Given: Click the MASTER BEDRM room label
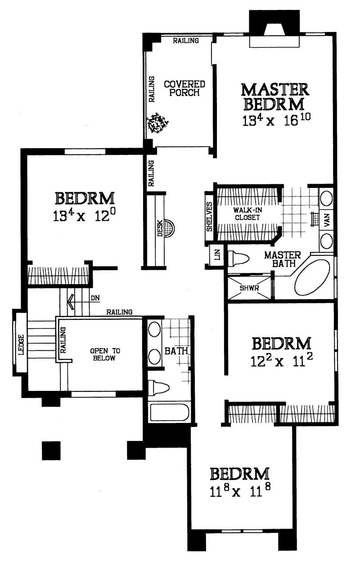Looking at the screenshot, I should click(274, 96).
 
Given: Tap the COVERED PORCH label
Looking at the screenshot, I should click(184, 88).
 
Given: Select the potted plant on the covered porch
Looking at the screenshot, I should click(157, 123).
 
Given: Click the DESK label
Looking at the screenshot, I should click(160, 230).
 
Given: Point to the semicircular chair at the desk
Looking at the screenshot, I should click(169, 228).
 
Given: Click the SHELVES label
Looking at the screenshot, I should click(209, 217).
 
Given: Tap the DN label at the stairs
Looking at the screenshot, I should click(94, 298).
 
